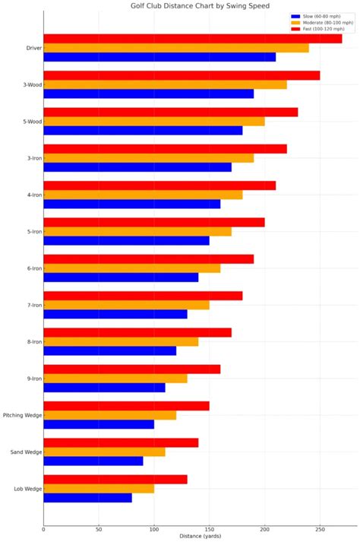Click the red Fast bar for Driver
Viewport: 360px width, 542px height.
click(x=192, y=39)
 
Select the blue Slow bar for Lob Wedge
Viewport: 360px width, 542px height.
click(x=87, y=498)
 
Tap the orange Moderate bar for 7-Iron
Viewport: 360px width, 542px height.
click(x=126, y=305)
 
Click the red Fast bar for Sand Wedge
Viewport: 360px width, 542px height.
click(x=121, y=442)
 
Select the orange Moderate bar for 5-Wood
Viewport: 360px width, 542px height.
click(x=154, y=122)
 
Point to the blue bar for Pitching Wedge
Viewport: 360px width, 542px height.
click(x=99, y=424)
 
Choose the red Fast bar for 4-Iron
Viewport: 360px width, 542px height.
click(x=159, y=185)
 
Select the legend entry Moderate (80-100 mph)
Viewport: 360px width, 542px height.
click(x=326, y=22)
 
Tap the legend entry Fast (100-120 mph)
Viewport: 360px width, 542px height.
click(x=324, y=29)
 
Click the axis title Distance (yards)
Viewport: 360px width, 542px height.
click(x=200, y=537)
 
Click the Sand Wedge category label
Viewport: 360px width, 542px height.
click(x=26, y=452)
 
